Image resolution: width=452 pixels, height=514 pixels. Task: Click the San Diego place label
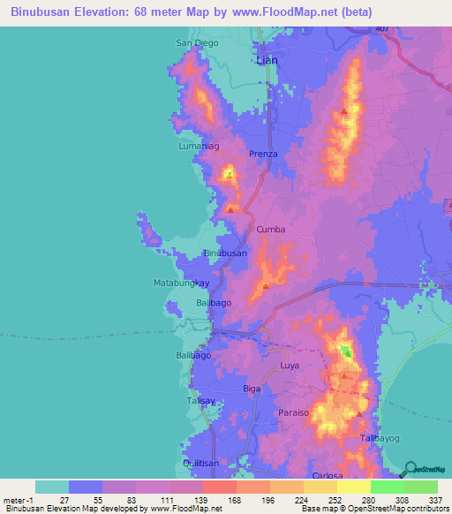[x=196, y=42]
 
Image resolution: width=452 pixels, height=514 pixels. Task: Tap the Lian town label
[x=266, y=60]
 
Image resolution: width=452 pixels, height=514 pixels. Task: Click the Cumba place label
[x=271, y=230]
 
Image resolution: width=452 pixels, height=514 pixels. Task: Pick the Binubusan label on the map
[x=225, y=253]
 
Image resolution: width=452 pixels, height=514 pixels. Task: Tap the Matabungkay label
[x=177, y=283]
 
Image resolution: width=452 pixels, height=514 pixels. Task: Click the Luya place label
[x=290, y=365]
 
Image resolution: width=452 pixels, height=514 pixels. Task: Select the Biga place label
[x=252, y=388]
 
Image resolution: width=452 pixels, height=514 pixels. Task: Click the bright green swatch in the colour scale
[x=388, y=487]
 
